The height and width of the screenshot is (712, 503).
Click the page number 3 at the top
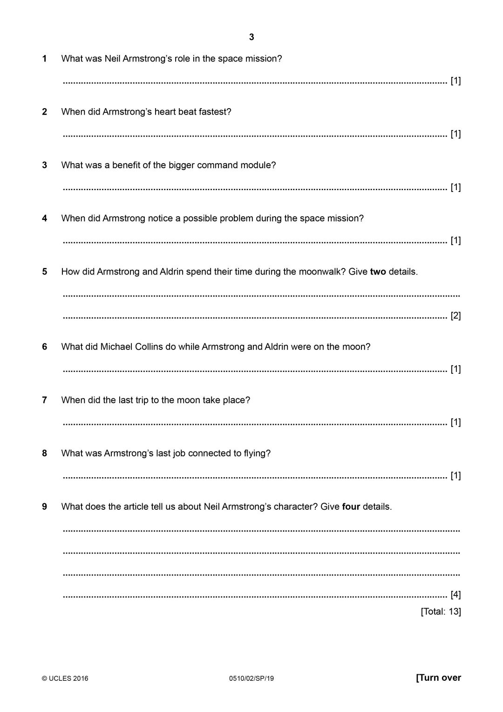pyautogui.click(x=251, y=37)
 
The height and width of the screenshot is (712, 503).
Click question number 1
pyautogui.click(x=44, y=59)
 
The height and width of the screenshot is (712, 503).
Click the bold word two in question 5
pyautogui.click(x=378, y=272)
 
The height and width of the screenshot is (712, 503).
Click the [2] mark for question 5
pyautogui.click(x=455, y=316)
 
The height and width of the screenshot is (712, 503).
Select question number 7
pyautogui.click(x=44, y=400)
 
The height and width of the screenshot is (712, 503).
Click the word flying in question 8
pyautogui.click(x=255, y=453)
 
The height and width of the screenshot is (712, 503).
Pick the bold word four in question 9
pyautogui.click(x=351, y=507)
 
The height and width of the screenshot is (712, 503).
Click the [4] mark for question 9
pyautogui.click(x=455, y=595)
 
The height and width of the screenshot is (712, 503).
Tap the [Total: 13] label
pyautogui.click(x=441, y=611)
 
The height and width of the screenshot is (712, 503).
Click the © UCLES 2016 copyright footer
pyautogui.click(x=65, y=678)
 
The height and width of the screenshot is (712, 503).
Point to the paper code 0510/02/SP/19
pyautogui.click(x=251, y=678)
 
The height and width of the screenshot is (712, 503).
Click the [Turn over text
pyautogui.click(x=438, y=678)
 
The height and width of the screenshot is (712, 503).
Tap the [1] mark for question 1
pyautogui.click(x=455, y=81)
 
